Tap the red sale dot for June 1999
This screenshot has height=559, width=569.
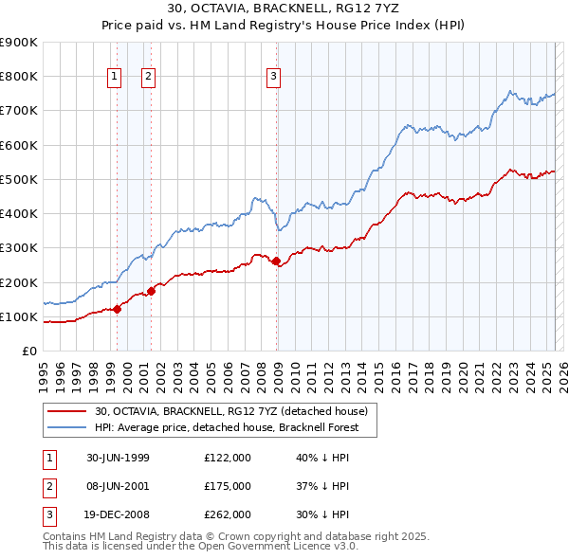118,308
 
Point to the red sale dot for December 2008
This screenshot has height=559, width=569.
276,261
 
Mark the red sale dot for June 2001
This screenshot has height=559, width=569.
151,290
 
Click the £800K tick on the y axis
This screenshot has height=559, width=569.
19,76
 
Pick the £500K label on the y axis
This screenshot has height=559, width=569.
19,179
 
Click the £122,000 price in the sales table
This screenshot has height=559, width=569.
228,457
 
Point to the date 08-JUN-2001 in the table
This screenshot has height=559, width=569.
119,486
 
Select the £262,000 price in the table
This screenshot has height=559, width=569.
228,514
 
